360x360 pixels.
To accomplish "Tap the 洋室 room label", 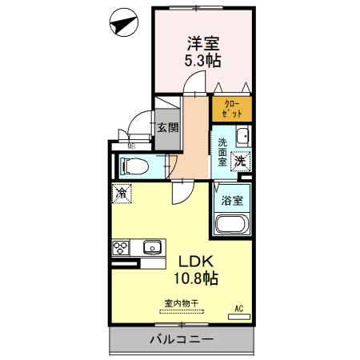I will [x=202, y=44].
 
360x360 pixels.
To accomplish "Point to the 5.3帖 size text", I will [x=202, y=61].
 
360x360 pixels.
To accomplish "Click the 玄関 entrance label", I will [x=167, y=126].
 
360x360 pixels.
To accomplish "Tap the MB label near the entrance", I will [x=130, y=146].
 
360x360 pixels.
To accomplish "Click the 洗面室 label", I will [x=222, y=151].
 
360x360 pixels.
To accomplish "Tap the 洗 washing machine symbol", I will [x=241, y=161].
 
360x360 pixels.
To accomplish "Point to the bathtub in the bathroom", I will [x=232, y=224].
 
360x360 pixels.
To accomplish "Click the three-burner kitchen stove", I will [x=122, y=247].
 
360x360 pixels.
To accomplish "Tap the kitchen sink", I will [x=153, y=248].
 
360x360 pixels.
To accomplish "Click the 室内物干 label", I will [x=182, y=303].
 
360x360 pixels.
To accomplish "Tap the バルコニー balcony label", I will [x=181, y=339].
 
